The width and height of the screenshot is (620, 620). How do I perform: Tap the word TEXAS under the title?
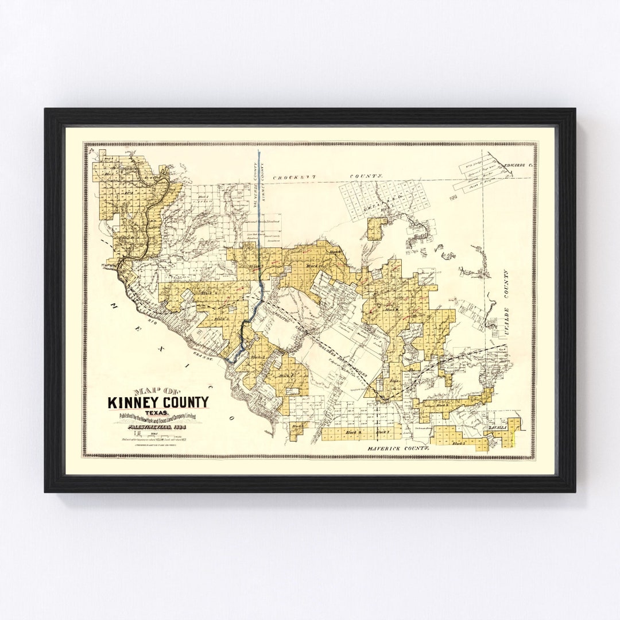click(157, 412)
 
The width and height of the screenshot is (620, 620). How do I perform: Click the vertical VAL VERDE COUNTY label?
click(253, 183)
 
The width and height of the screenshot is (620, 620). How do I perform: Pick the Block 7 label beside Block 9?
click(382, 431)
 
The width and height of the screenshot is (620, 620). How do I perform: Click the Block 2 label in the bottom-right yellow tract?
click(458, 443)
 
